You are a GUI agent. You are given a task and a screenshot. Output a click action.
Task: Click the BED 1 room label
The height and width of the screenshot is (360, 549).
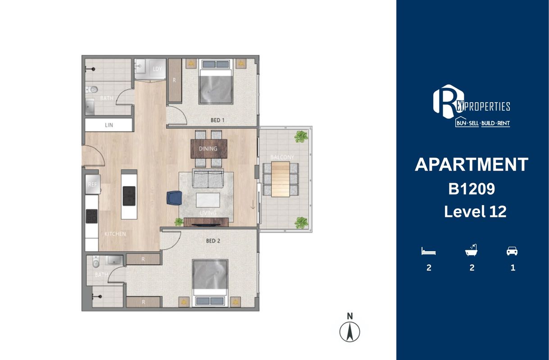[218, 120]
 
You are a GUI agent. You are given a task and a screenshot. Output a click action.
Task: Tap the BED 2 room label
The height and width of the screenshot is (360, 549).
[213, 241]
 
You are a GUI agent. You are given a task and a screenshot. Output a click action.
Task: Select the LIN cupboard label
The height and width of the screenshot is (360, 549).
[109, 125]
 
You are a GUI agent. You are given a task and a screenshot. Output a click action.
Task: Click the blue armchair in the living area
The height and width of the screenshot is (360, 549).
[174, 198]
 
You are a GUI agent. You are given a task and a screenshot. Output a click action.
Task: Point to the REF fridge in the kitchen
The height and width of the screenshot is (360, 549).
[92, 184]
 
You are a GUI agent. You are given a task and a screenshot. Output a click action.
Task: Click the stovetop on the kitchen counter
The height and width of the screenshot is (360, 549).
[92, 216]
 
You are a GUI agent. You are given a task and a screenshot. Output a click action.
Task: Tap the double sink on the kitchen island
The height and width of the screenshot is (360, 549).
[129, 196]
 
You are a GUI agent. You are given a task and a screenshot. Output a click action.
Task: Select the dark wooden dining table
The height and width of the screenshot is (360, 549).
[209, 148]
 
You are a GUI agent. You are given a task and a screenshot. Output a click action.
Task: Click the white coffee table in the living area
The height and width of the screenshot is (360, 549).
[208, 200]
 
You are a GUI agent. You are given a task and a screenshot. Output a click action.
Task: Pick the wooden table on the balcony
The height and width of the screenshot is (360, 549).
[281, 179]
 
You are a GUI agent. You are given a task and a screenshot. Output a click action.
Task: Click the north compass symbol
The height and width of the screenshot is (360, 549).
[350, 332]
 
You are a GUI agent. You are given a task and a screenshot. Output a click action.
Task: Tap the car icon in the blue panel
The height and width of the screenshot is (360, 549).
[512, 251]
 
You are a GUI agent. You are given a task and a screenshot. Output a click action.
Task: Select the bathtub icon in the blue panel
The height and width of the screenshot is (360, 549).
[471, 250]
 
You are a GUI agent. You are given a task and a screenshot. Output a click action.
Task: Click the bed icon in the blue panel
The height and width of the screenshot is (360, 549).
[428, 251]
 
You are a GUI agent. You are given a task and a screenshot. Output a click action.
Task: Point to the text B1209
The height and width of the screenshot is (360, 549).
[472, 189]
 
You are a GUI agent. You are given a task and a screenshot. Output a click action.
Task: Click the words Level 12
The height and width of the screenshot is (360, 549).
[475, 211]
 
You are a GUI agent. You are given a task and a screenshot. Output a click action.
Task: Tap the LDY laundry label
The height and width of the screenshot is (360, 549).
[157, 69]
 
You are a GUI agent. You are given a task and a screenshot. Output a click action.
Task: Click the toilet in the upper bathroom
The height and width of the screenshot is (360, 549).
[92, 90]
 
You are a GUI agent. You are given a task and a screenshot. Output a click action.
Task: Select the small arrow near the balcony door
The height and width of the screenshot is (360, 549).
[253, 205]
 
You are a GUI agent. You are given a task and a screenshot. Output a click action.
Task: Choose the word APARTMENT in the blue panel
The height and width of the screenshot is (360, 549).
[471, 165]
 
